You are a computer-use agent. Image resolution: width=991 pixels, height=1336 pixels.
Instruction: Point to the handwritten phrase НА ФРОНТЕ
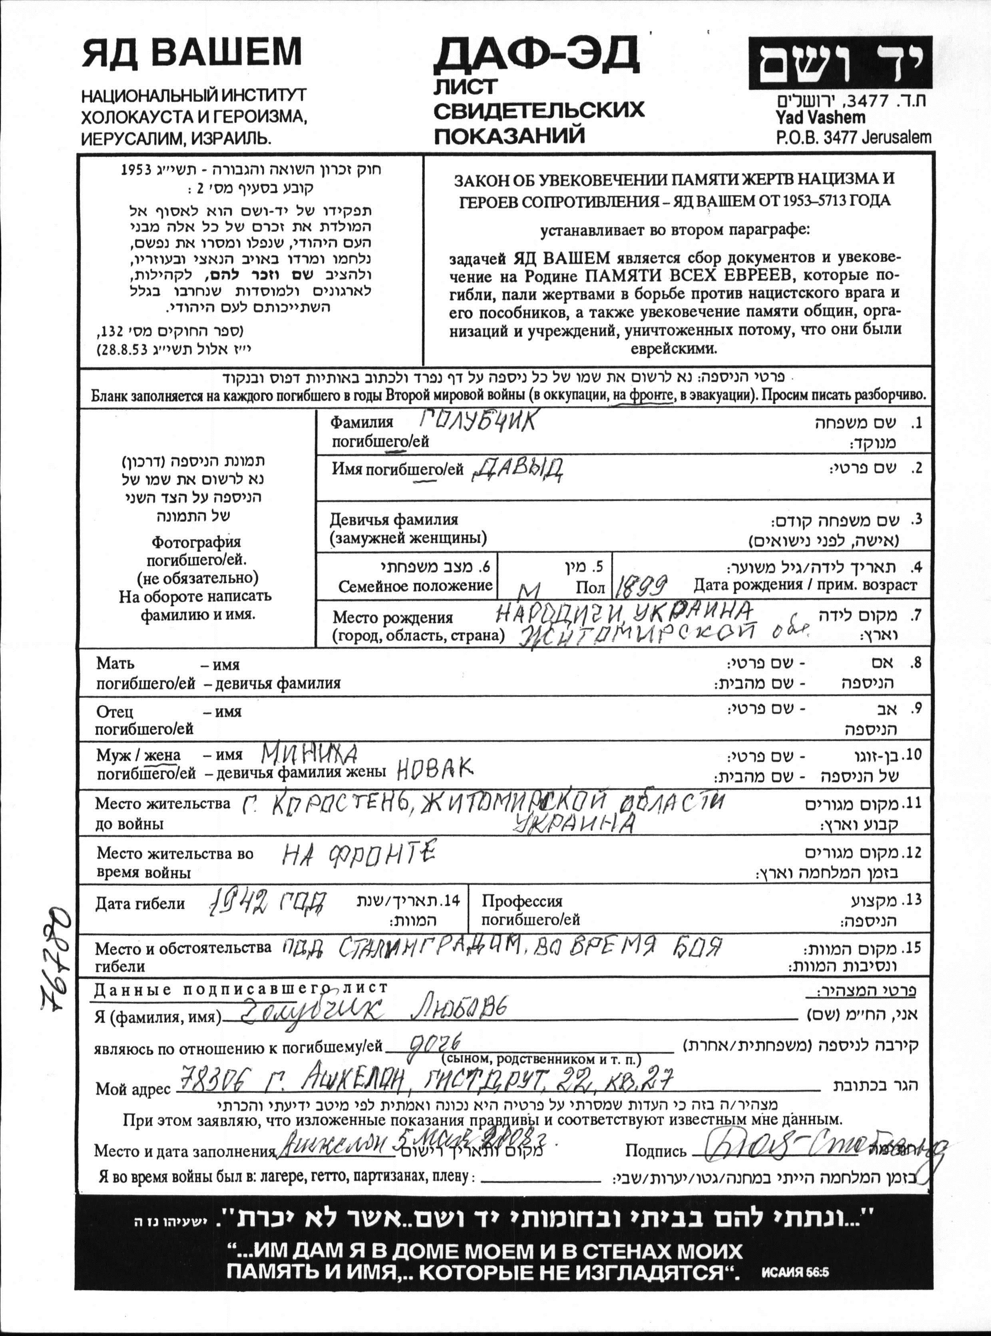pyautogui.click(x=359, y=854)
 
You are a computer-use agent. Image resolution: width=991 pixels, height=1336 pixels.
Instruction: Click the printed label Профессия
pyautogui.click(x=522, y=901)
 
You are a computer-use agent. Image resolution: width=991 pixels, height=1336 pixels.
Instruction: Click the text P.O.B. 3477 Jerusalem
pyautogui.click(x=853, y=137)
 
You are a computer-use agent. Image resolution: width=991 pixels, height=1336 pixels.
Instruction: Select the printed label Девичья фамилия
pyautogui.click(x=394, y=519)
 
